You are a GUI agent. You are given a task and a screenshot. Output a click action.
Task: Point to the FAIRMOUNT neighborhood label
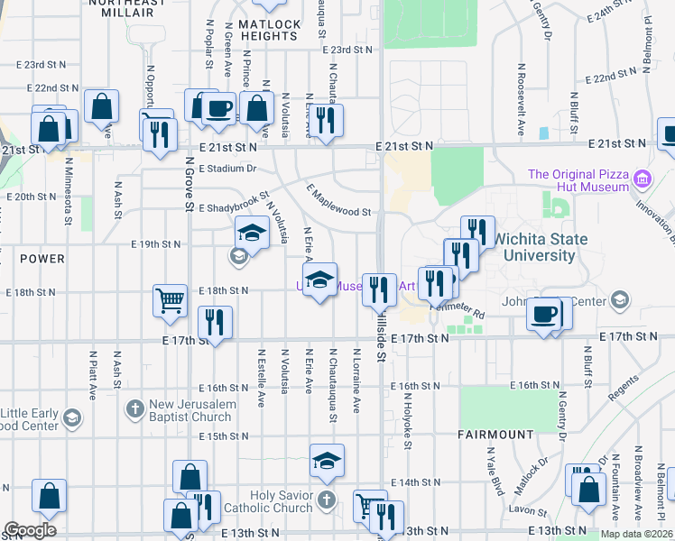tap(495, 435)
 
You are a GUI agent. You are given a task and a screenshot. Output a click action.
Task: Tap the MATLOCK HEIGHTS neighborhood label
tap(269, 29)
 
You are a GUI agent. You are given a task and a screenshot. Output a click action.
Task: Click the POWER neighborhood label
tap(42, 259)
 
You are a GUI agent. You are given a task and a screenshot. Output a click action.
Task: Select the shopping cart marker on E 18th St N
tap(171, 300)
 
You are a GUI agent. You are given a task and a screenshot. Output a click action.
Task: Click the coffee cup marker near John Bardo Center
tap(544, 315)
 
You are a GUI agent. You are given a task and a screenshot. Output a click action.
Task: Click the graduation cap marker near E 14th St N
tap(327, 460)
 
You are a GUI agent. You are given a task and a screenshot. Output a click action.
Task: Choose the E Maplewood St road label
tap(339, 201)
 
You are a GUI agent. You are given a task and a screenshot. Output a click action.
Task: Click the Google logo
tap(30, 529)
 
